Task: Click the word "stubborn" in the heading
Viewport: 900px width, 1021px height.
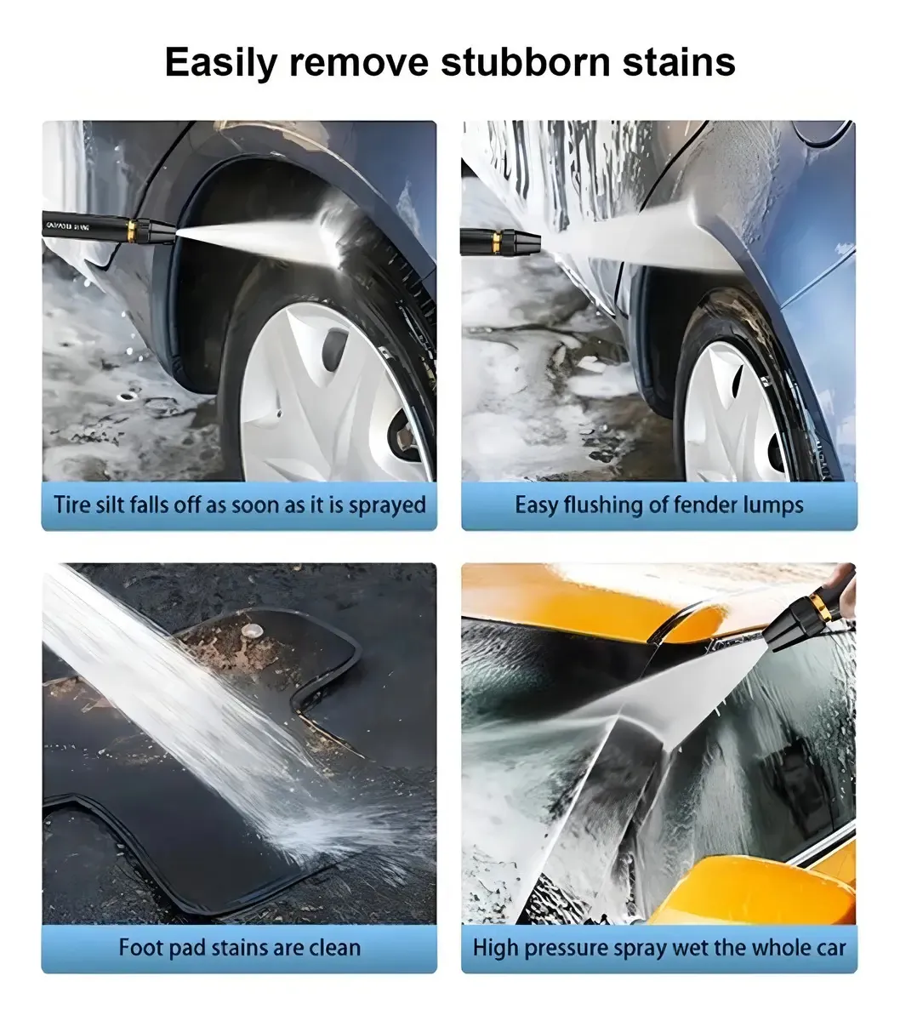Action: (x=526, y=62)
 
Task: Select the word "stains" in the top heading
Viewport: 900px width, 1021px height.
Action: (x=679, y=62)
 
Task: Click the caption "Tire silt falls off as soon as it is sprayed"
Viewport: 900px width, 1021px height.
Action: (x=239, y=505)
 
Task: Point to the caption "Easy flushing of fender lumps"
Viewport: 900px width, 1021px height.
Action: (x=658, y=505)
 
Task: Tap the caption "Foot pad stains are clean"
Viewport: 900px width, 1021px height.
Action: (x=239, y=948)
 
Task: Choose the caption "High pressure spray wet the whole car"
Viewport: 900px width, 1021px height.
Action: (x=658, y=948)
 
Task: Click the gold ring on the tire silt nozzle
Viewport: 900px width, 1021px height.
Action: (x=132, y=231)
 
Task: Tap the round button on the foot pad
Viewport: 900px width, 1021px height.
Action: (x=251, y=630)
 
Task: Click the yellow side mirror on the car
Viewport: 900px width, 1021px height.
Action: (x=751, y=891)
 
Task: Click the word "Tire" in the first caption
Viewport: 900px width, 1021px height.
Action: (x=71, y=504)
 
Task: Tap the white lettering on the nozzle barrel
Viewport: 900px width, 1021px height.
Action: (x=68, y=226)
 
